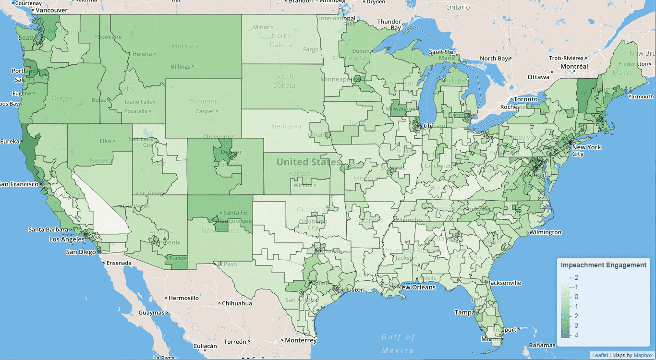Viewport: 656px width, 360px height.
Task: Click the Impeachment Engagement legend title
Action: click(604, 265)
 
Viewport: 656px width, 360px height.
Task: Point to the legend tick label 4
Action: click(576, 335)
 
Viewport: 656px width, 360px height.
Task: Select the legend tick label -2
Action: click(575, 277)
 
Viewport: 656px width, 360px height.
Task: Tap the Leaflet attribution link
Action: click(600, 355)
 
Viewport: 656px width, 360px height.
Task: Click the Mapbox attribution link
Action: click(643, 355)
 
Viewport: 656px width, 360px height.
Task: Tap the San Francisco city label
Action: click(19, 184)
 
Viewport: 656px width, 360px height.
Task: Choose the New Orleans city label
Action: click(417, 288)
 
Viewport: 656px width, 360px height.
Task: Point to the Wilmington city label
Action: click(545, 232)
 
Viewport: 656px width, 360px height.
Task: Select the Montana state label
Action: click(186, 46)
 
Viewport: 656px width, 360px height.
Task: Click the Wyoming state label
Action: click(203, 101)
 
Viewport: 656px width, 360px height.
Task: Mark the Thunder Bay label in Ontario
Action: click(389, 24)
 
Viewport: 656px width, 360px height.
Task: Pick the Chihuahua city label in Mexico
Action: click(236, 303)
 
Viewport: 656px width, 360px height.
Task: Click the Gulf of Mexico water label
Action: click(398, 344)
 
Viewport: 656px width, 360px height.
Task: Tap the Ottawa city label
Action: click(538, 77)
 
